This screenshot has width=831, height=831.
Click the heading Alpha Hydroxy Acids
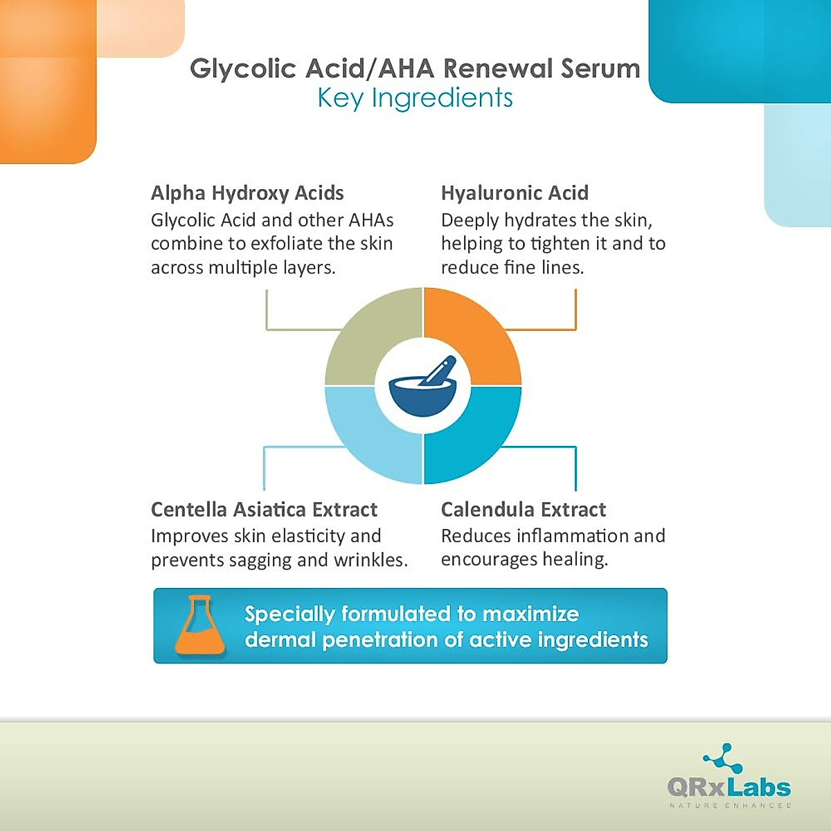[x=247, y=193]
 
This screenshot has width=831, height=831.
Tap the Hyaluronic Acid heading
[x=515, y=193]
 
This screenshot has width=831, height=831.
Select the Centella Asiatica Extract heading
[x=264, y=510]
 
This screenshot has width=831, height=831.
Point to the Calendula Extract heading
[x=523, y=510]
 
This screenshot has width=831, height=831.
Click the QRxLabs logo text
[x=729, y=787]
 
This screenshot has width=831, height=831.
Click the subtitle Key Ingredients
[x=415, y=98]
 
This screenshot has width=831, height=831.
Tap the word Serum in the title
[x=600, y=69]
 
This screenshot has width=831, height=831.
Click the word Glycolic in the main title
[x=243, y=69]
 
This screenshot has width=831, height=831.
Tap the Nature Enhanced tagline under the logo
[x=730, y=805]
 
